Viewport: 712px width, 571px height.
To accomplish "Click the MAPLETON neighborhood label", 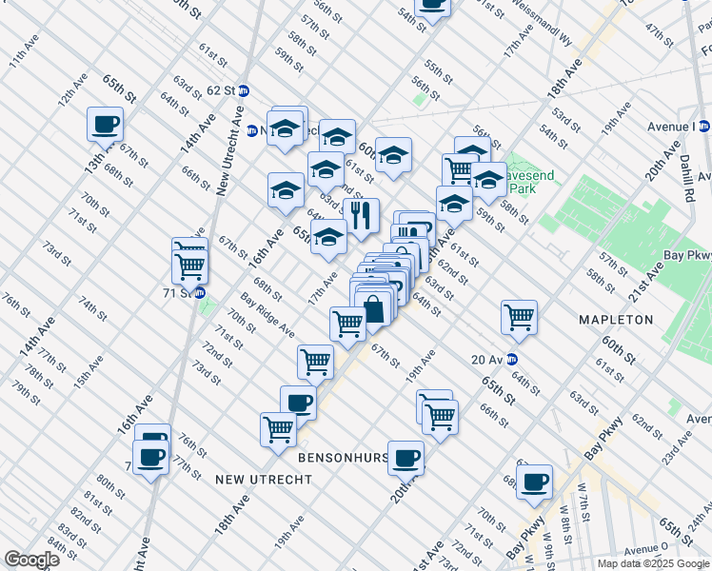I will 616,320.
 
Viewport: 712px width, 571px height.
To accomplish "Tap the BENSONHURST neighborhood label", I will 344,458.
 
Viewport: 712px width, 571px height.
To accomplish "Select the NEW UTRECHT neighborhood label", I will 264,480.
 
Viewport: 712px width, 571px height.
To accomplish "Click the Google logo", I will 31,560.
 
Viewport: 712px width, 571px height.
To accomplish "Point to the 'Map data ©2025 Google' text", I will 652,563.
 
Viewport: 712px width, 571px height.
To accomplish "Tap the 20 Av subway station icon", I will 512,359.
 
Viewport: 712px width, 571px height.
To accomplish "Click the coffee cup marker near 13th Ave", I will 105,124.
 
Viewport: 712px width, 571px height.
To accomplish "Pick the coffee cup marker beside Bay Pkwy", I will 535,482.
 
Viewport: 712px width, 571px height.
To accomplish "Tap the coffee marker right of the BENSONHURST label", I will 406,459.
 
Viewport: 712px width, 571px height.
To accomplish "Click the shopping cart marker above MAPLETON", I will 519,317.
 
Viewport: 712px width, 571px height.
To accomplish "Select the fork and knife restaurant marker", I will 362,215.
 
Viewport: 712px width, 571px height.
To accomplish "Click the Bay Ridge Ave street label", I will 266,314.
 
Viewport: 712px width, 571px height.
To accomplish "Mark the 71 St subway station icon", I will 200,293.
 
